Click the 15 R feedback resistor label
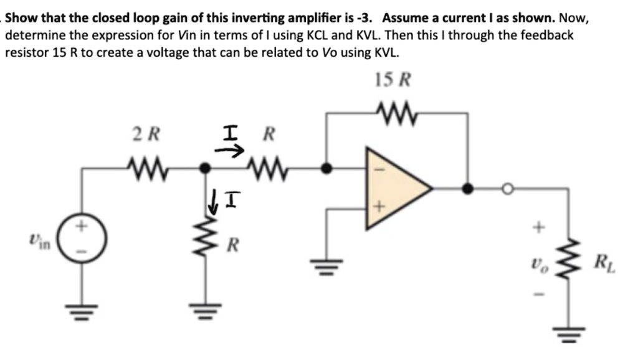click(394, 80)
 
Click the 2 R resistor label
click(147, 134)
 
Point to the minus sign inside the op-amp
click(376, 169)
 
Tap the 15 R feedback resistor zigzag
click(396, 113)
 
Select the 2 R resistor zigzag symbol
click(147, 167)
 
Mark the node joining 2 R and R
click(204, 168)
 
